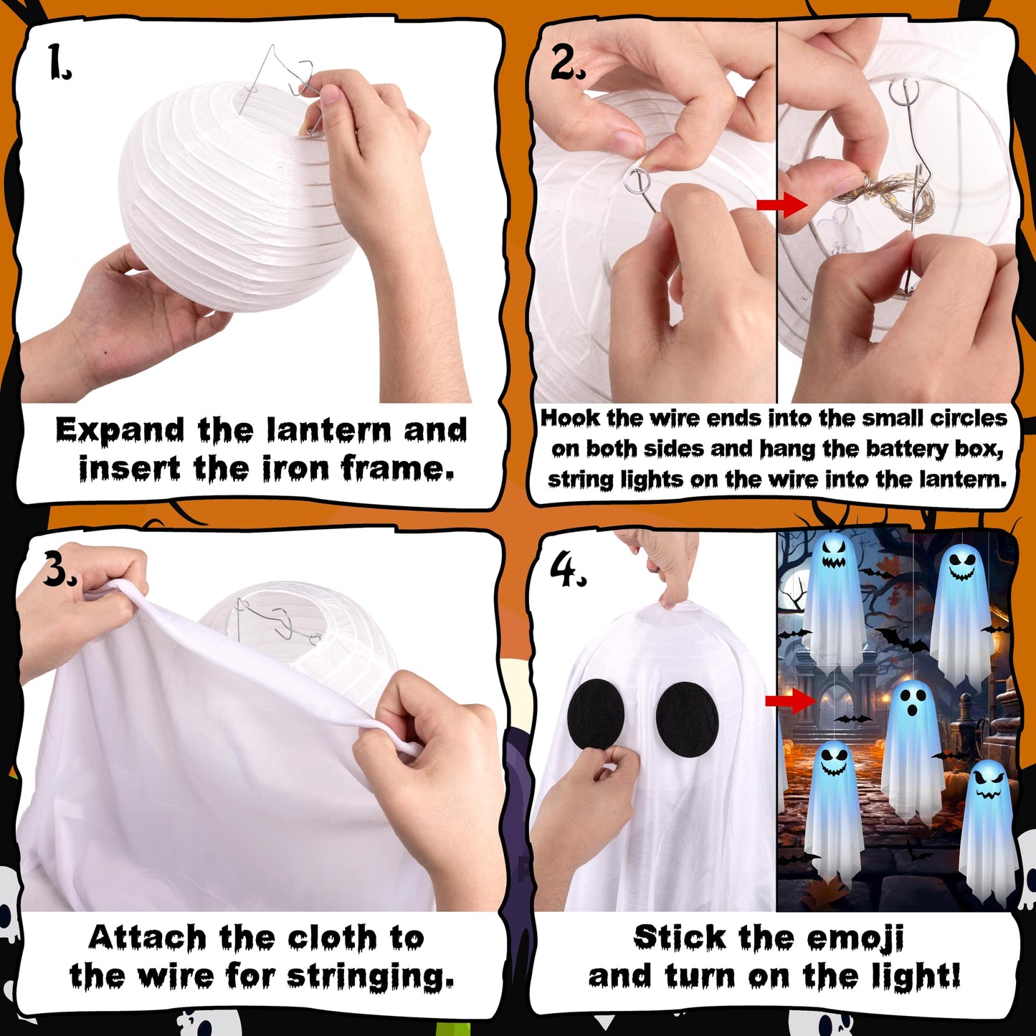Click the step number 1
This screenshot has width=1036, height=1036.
tap(59, 62)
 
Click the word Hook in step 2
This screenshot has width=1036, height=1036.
tap(570, 418)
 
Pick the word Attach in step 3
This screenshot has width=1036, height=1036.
tap(147, 938)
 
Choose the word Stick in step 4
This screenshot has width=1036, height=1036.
tap(680, 938)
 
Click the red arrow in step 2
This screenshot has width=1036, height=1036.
tap(782, 205)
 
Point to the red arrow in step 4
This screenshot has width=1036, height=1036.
tap(791, 700)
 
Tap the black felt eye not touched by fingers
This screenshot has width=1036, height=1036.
tap(687, 719)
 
